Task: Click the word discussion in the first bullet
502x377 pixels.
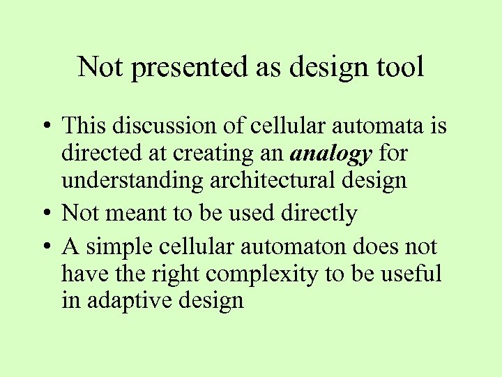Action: tap(172, 126)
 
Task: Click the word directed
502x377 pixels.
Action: tap(102, 154)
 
